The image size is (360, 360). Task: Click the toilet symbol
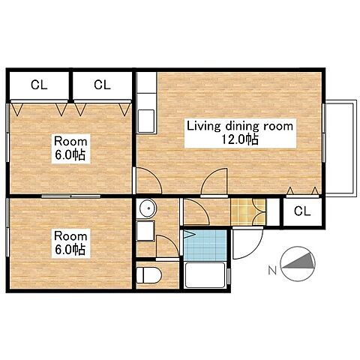(148, 275)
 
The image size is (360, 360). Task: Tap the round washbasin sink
(148, 208)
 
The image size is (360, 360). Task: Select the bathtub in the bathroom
(205, 275)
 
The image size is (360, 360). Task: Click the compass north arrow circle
(298, 264)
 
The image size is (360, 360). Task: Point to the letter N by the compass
(272, 270)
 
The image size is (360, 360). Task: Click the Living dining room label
(240, 126)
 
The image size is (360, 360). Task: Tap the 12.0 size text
(240, 139)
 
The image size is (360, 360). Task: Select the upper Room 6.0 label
(70, 148)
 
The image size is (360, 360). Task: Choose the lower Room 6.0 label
(70, 243)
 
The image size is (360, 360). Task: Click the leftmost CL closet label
(39, 85)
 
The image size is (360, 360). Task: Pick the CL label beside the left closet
(102, 85)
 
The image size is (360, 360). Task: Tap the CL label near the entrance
(302, 211)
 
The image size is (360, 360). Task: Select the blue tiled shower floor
(205, 245)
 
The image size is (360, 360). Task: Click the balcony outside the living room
(341, 148)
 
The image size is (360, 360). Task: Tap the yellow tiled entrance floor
(248, 211)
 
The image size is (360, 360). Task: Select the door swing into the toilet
(167, 246)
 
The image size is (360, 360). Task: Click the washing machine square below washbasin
(145, 231)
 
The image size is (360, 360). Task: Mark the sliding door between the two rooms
(70, 196)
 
